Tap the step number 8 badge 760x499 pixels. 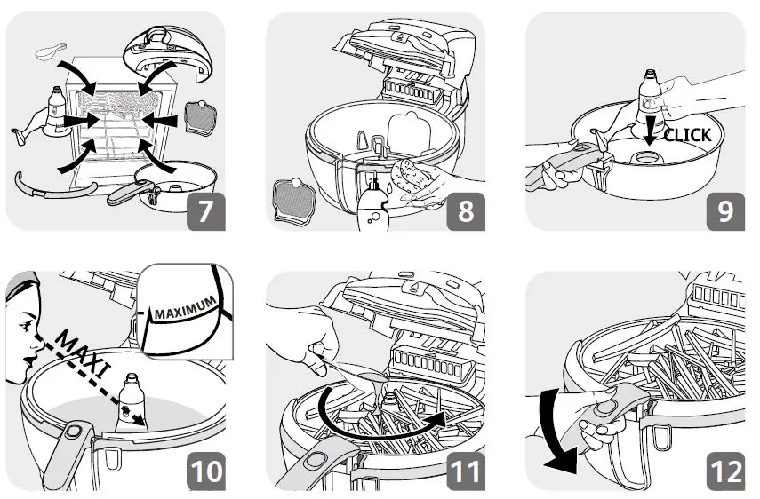[x=465, y=211]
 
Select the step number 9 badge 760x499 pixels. [x=725, y=211]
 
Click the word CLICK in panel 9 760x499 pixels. [x=687, y=135]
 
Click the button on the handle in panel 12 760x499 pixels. [x=608, y=409]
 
